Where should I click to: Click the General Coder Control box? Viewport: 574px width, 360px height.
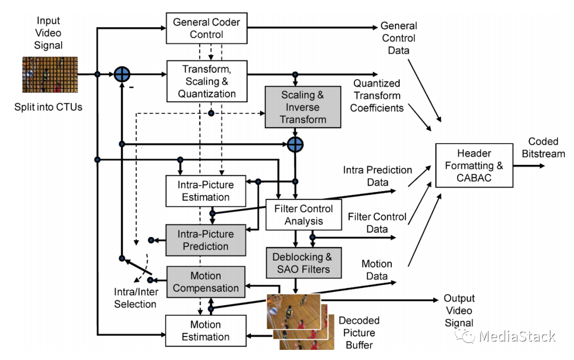click(x=206, y=28)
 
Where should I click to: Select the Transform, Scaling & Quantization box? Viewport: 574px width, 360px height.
click(x=207, y=81)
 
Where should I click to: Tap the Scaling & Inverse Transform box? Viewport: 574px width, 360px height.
click(x=303, y=107)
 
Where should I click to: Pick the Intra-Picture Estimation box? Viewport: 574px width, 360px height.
click(x=206, y=191)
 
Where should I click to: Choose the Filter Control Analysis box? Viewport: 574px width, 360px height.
click(x=303, y=215)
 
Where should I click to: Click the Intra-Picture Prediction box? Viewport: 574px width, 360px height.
click(x=206, y=240)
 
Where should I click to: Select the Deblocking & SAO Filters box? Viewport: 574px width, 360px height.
click(x=303, y=263)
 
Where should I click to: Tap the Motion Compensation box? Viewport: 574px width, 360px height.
click(x=206, y=282)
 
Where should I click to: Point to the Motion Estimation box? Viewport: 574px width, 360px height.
click(x=206, y=331)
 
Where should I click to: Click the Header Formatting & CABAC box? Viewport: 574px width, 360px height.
click(x=474, y=165)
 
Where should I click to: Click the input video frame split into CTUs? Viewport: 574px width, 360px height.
click(x=50, y=74)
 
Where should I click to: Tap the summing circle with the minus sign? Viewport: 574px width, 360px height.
click(x=122, y=74)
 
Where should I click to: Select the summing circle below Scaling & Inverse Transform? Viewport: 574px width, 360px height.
click(x=295, y=144)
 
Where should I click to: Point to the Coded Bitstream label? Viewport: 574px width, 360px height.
click(x=543, y=148)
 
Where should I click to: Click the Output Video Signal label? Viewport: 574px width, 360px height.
click(x=459, y=311)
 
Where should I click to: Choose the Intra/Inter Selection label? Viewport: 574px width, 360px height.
click(x=136, y=298)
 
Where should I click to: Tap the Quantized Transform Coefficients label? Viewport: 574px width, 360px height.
click(x=377, y=96)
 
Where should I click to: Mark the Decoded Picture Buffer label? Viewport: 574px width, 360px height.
click(x=359, y=332)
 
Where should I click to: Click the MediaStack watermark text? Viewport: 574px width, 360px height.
click(x=517, y=336)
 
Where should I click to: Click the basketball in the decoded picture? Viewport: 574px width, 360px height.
click(x=273, y=311)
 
